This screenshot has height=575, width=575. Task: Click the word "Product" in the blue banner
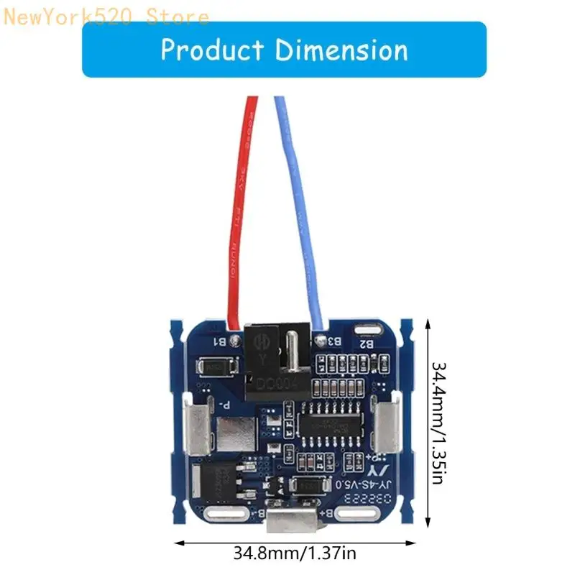212,50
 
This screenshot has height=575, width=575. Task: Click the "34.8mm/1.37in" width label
295,553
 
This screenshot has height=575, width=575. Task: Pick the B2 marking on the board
366,344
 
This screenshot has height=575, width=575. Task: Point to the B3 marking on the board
333,341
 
